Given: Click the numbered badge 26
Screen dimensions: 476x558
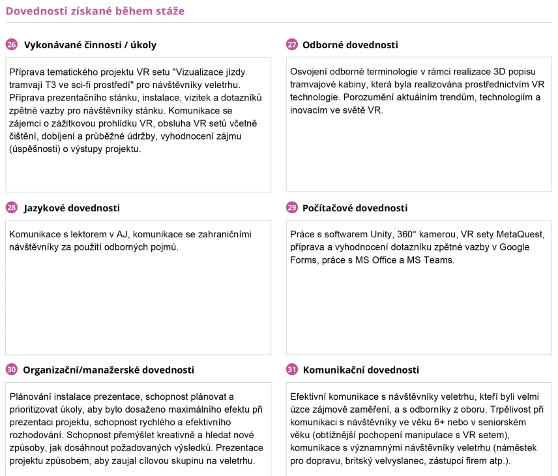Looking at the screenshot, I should pyautogui.click(x=12, y=45).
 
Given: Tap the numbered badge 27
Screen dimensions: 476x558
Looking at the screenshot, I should pyautogui.click(x=292, y=45).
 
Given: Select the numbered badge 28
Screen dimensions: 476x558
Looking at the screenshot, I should pyautogui.click(x=12, y=208).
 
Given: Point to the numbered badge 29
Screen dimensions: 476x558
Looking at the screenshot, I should pyautogui.click(x=292, y=208).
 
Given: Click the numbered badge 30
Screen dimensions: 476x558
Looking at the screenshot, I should pyautogui.click(x=12, y=370).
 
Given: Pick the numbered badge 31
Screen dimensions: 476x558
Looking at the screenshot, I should pyautogui.click(x=292, y=370).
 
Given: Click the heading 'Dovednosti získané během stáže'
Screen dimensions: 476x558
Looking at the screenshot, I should pyautogui.click(x=95, y=11).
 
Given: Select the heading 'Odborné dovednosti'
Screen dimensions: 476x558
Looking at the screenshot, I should pyautogui.click(x=350, y=45).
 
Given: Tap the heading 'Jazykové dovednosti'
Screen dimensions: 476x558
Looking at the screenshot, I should pyautogui.click(x=72, y=208).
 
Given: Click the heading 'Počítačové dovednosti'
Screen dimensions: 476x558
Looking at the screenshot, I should pyautogui.click(x=355, y=208).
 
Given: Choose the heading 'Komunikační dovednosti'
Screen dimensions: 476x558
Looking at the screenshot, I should pyautogui.click(x=361, y=370).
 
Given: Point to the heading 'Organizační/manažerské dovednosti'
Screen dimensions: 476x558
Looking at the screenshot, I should pyautogui.click(x=109, y=370).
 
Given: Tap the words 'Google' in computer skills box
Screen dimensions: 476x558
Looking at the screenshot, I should pyautogui.click(x=514, y=247).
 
